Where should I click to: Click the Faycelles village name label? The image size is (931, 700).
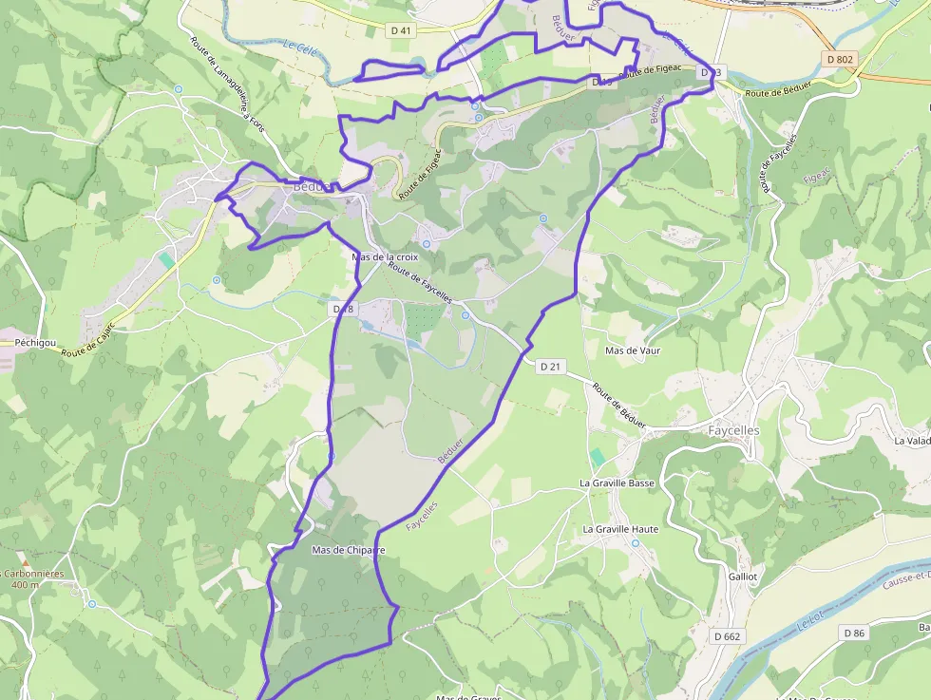click(x=733, y=430)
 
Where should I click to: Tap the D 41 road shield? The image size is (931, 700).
click(x=402, y=31)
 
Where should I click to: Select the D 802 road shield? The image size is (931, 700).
click(x=840, y=59)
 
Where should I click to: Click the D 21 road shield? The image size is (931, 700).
click(x=551, y=367)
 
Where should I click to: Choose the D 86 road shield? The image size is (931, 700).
click(x=853, y=634)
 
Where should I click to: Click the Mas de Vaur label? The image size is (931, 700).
click(x=633, y=350)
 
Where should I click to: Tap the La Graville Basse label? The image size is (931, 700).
click(x=617, y=483)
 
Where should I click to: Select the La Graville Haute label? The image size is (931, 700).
click(x=620, y=529)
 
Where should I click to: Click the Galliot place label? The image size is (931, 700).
click(x=743, y=577)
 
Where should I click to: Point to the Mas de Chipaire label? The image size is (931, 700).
click(x=348, y=550)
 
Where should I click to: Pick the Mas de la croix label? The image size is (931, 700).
click(x=385, y=257)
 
